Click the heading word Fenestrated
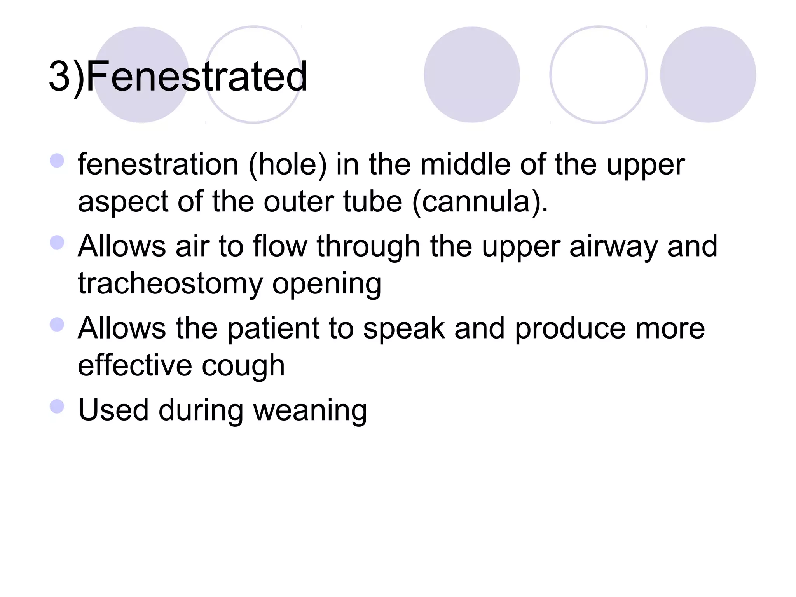(x=196, y=77)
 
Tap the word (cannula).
(x=480, y=202)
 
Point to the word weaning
(x=310, y=410)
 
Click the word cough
(x=243, y=366)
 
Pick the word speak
(x=403, y=329)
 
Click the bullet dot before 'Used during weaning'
(x=57, y=407)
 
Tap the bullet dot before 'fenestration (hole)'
(x=57, y=161)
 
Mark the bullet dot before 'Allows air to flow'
(x=57, y=243)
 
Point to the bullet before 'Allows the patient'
(x=57, y=325)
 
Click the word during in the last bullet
(x=201, y=410)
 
